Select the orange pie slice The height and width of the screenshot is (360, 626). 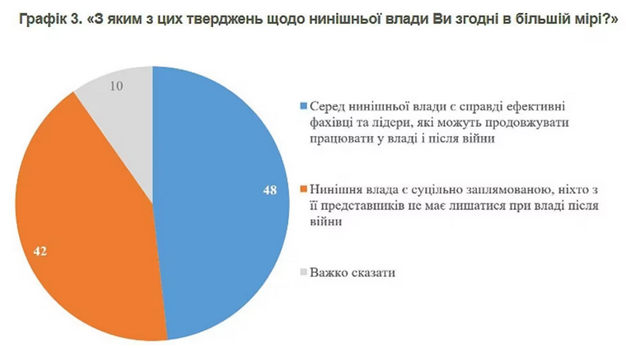(x=82, y=214)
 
